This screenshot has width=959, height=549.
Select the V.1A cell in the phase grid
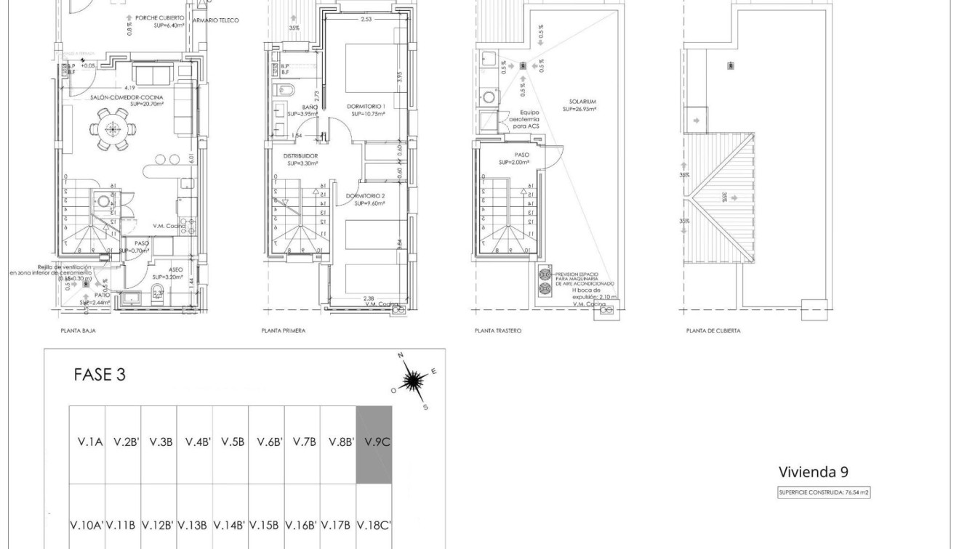[x=87, y=442]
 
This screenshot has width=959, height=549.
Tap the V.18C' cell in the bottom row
[x=374, y=524]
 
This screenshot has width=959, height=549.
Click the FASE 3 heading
[x=100, y=375]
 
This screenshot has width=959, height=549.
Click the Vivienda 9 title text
[x=813, y=472]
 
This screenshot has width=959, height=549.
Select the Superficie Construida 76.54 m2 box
[x=824, y=492]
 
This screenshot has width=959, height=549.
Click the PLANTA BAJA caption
[x=78, y=330]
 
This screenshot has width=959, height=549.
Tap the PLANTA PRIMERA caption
[x=283, y=330]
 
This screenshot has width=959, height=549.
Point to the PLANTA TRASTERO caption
[x=497, y=330]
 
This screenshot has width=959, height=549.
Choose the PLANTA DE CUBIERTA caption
[x=713, y=330]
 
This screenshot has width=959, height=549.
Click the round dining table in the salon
[x=112, y=129]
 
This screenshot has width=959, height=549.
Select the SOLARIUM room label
[x=582, y=102]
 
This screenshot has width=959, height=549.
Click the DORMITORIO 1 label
[x=367, y=106]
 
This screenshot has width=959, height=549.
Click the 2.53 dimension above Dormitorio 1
[x=366, y=20]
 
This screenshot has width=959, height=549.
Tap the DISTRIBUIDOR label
[x=300, y=155]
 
